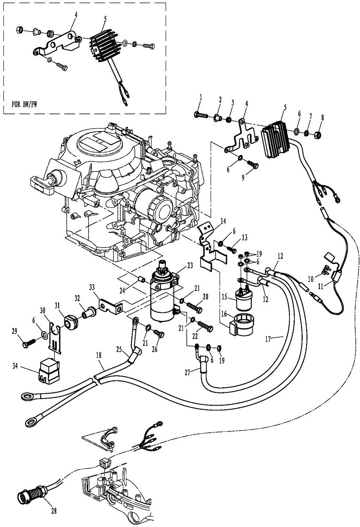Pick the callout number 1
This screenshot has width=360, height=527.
click(199, 100)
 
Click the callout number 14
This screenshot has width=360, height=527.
click(223, 221)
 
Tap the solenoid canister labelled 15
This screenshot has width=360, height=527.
click(242, 301)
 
